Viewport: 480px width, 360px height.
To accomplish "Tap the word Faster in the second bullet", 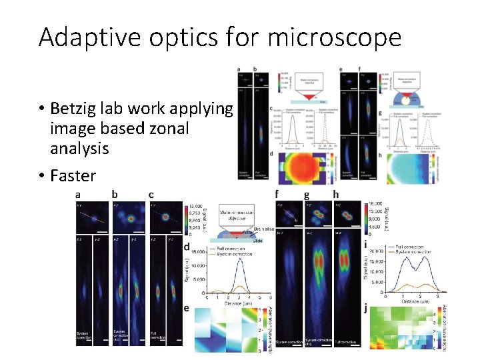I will pos(73,176).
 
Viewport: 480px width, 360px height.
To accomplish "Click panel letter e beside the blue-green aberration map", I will pos(187,308).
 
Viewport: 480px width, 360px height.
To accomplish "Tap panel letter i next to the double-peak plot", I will pos(367,245).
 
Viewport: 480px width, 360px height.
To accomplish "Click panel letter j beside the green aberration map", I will pos(366,308).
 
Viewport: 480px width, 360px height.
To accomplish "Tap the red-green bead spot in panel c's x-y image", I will pos(165,217).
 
